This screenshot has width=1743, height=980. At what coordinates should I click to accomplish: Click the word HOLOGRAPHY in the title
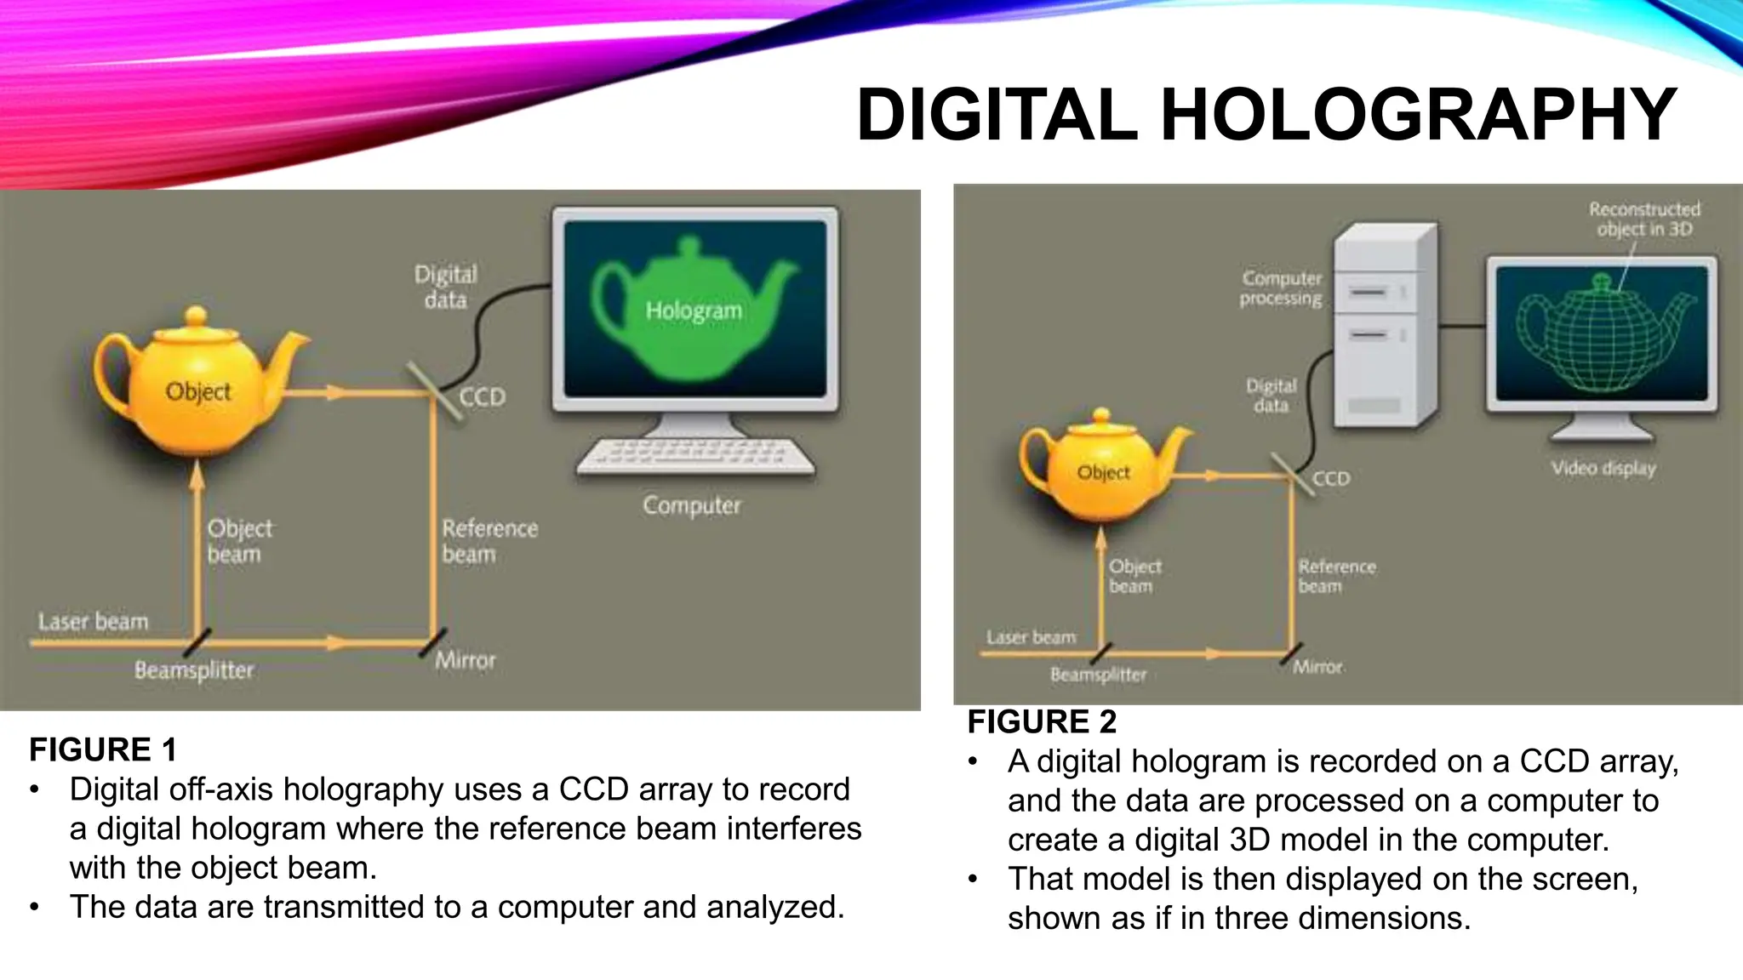coord(1418,116)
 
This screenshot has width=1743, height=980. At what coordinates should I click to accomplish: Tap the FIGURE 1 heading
coord(103,750)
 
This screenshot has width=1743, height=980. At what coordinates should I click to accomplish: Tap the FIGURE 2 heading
coord(1041,722)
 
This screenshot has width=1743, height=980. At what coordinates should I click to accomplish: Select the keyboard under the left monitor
coord(694,456)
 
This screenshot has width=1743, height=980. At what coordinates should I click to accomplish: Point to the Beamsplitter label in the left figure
coord(194,670)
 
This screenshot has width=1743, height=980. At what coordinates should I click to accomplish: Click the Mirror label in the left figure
coord(465,660)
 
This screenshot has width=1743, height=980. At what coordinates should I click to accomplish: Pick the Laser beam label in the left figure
coord(93,622)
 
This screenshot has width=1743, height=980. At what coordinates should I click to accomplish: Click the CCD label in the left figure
coord(482,397)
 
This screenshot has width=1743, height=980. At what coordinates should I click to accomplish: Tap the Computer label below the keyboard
coord(691,505)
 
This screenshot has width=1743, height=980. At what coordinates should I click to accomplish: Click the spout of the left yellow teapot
coord(289,357)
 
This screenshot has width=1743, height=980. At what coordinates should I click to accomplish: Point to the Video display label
coord(1603,469)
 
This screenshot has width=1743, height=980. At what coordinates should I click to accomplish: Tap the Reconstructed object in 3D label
coord(1644,219)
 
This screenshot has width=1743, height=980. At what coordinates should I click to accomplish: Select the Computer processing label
coord(1281,288)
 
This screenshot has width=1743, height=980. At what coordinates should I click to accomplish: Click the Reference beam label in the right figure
coord(1336,576)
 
